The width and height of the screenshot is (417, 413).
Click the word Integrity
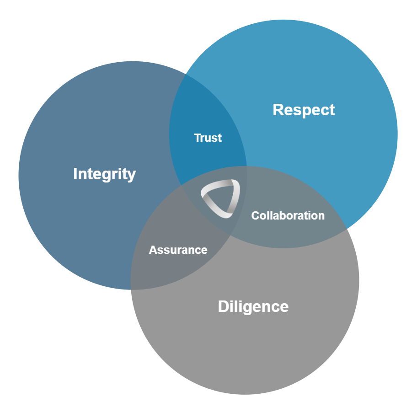tap(104, 174)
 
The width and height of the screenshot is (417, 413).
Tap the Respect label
tap(304, 110)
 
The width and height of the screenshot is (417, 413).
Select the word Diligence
tap(253, 306)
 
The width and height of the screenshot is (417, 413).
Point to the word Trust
tap(208, 138)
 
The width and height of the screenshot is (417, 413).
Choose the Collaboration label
tap(288, 215)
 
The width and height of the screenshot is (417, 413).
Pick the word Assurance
tap(178, 250)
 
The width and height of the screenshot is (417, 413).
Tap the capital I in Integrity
tap(75, 174)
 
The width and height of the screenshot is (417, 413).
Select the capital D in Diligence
tap(223, 306)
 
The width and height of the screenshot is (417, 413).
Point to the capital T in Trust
tap(198, 138)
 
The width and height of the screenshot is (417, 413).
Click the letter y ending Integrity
tap(132, 175)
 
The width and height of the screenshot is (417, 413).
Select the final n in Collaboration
tap(321, 216)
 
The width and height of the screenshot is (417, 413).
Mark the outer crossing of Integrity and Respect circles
tap(185, 72)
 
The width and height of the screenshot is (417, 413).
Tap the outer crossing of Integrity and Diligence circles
tap(131, 289)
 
